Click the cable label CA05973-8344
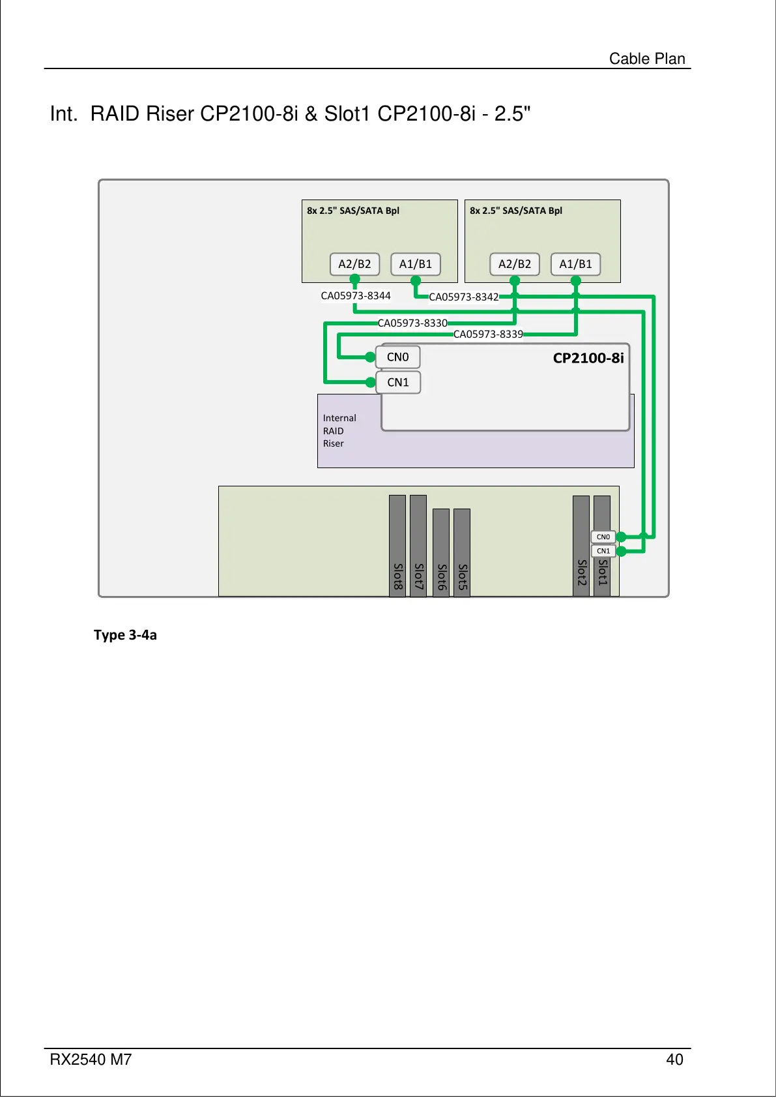pyautogui.click(x=356, y=295)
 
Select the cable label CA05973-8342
pyautogui.click(x=463, y=297)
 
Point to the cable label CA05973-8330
pyautogui.click(x=412, y=323)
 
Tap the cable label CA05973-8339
pyautogui.click(x=488, y=334)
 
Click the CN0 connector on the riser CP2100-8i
pyautogui.click(x=398, y=357)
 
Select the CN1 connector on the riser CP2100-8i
pyautogui.click(x=398, y=382)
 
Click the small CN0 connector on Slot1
pyautogui.click(x=603, y=537)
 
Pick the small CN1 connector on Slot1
pyautogui.click(x=603, y=551)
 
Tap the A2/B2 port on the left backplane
pyautogui.click(x=354, y=264)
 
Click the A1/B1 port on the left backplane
pyautogui.click(x=416, y=264)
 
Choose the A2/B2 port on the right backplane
pyautogui.click(x=515, y=264)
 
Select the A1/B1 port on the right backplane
pyautogui.click(x=576, y=264)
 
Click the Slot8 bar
pyautogui.click(x=397, y=546)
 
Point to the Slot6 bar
pyautogui.click(x=441, y=552)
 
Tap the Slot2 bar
pyautogui.click(x=581, y=546)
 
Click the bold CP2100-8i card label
pyautogui.click(x=588, y=358)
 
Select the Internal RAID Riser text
pyautogui.click(x=339, y=430)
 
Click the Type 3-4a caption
pyautogui.click(x=125, y=635)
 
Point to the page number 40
pyautogui.click(x=674, y=1060)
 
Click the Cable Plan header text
pyautogui.click(x=647, y=59)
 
